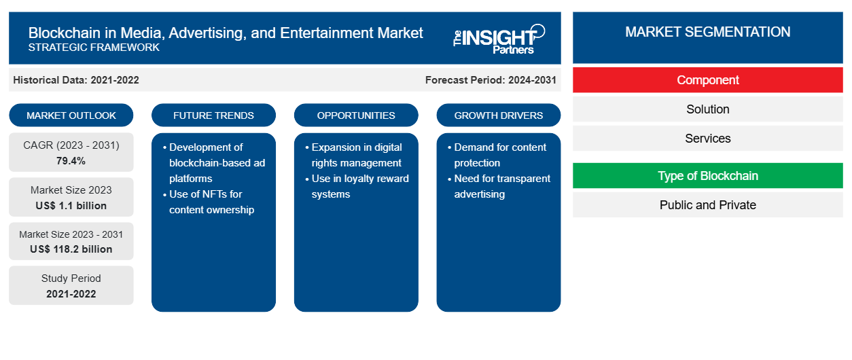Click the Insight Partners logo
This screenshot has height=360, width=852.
pos(499,39)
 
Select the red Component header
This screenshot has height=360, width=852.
pos(707,80)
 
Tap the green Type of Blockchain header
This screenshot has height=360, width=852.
pos(707,176)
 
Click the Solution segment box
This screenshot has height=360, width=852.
pos(707,109)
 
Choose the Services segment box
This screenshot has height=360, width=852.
pos(707,139)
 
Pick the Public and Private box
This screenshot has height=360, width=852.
pos(707,205)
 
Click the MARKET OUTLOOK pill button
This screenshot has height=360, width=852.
pos(71,115)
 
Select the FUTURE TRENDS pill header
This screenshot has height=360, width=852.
pos(213,115)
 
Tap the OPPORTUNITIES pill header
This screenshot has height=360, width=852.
pos(356,115)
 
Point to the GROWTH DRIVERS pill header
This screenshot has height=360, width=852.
pos(498,115)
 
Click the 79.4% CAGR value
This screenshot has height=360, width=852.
pos(71,161)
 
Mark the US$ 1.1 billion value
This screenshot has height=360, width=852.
pos(71,206)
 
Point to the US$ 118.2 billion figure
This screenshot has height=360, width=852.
pos(71,249)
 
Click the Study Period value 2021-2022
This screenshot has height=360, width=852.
pos(71,294)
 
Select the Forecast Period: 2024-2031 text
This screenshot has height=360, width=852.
pos(491,80)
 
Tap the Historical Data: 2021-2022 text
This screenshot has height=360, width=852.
pos(76,80)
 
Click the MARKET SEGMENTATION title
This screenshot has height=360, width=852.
pos(707,32)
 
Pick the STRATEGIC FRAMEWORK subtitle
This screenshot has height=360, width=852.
pos(94,48)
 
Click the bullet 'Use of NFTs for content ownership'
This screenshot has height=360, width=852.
pos(209,202)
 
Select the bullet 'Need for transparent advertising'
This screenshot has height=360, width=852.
pos(499,186)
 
